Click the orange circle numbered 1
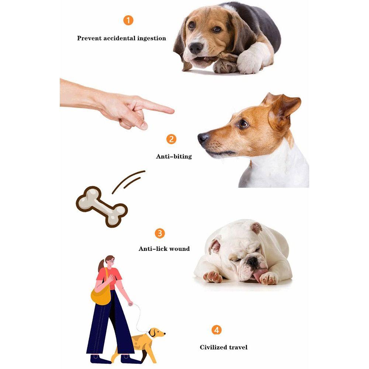(128, 20)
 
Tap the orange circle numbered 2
(171, 139)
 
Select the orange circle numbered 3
(159, 233)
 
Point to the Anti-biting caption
(174, 156)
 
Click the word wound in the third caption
(180, 249)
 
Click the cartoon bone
(102, 206)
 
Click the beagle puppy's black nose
(196, 48)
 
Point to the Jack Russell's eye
(243, 124)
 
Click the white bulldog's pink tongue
(261, 273)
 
